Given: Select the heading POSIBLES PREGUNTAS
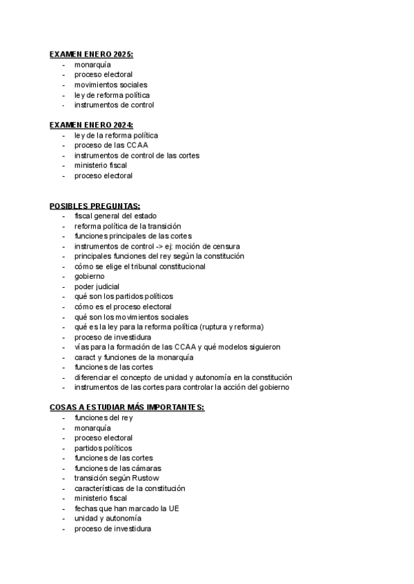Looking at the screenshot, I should (95, 206).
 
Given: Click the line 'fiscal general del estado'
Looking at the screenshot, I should (115, 216).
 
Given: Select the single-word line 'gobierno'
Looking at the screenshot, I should (90, 276).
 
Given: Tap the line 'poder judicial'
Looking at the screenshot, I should (97, 286).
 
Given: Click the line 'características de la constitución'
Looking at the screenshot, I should (130, 488).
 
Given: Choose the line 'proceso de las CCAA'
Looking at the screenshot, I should (111, 145).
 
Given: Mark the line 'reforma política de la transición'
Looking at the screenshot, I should (128, 226).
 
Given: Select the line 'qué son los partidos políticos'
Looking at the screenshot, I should (124, 296).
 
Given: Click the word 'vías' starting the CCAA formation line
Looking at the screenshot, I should (81, 347).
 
